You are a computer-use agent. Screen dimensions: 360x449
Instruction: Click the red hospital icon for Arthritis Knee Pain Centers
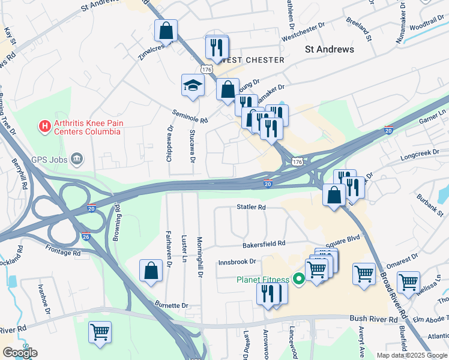click(44, 126)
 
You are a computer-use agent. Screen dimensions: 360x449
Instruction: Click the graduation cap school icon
click(193, 85)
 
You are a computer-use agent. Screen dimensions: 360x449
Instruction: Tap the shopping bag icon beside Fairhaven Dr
click(151, 270)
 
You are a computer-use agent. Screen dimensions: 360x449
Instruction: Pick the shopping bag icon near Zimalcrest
click(166, 30)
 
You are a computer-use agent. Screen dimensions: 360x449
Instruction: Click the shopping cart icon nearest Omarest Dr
click(364, 274)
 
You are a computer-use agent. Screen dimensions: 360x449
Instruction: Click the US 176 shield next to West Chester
click(207, 70)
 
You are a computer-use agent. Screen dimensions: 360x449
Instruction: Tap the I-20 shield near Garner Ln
click(388, 130)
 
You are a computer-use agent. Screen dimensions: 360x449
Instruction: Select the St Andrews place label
click(330, 49)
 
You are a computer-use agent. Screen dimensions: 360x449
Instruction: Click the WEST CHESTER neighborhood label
click(253, 61)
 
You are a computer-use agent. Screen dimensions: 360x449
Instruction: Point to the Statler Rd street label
click(251, 208)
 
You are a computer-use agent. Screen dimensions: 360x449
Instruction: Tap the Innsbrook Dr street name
click(237, 262)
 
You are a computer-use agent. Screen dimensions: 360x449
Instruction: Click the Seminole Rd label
click(189, 116)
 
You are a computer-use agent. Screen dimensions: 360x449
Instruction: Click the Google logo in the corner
click(20, 353)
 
